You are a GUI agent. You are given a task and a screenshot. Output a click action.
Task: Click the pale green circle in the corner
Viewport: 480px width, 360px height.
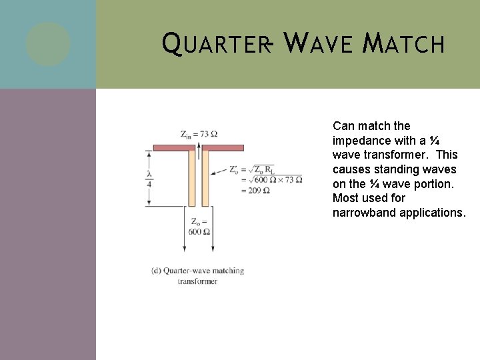[48, 44]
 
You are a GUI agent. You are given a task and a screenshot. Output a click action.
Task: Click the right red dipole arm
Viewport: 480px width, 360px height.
[223, 147]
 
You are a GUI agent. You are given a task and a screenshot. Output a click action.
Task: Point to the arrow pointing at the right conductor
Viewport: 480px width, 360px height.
[219, 172]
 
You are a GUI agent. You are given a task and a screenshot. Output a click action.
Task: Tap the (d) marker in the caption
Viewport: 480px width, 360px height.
[156, 271]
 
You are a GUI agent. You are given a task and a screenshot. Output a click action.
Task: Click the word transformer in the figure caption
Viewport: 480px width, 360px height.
[197, 281]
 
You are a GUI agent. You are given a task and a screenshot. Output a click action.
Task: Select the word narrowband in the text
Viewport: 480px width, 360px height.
[365, 213]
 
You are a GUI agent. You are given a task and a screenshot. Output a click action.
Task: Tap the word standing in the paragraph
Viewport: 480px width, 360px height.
[394, 169]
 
